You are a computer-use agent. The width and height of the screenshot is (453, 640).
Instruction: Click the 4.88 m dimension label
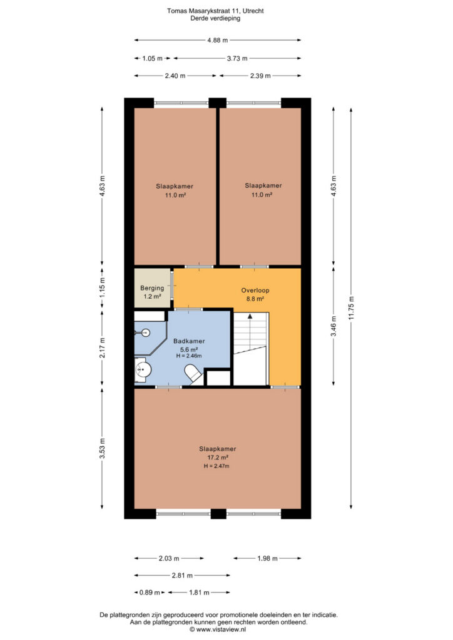point(217,40)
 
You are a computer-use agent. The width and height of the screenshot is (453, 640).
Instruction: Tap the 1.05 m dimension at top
point(153,58)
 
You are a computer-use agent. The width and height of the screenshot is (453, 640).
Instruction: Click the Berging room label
point(152,287)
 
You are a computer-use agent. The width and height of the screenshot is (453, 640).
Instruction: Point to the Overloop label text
point(255,290)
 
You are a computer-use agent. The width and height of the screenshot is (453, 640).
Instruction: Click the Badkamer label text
point(189,341)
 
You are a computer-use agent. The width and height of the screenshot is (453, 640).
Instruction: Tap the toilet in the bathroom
point(193,374)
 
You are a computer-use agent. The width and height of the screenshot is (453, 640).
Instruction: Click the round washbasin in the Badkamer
point(143,370)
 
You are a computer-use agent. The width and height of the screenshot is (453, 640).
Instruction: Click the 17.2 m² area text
point(218,457)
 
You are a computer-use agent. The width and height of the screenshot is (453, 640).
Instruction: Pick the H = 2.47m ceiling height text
point(216,466)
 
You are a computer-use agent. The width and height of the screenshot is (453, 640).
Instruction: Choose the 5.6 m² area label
point(189,349)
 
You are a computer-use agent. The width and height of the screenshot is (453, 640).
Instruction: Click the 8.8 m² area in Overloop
point(255,299)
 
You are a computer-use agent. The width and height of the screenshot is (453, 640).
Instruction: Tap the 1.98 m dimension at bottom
point(268,558)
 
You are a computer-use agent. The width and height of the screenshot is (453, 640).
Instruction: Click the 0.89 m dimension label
point(150,592)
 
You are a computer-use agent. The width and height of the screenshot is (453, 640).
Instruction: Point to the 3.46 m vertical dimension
point(333,326)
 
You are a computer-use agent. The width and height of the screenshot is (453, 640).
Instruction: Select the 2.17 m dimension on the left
point(103,347)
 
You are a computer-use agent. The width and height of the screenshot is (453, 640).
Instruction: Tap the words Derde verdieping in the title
point(215,18)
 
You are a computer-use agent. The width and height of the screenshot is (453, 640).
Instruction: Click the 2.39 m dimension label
point(261,76)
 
